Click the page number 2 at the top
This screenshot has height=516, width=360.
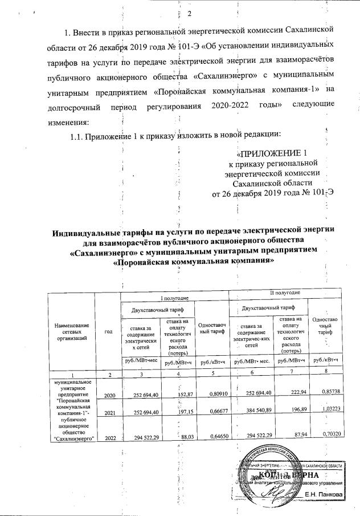[x=191, y=14]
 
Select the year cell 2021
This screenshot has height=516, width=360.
[x=110, y=410]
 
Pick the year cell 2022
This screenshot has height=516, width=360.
[x=110, y=437]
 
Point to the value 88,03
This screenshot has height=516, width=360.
[x=181, y=437]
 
